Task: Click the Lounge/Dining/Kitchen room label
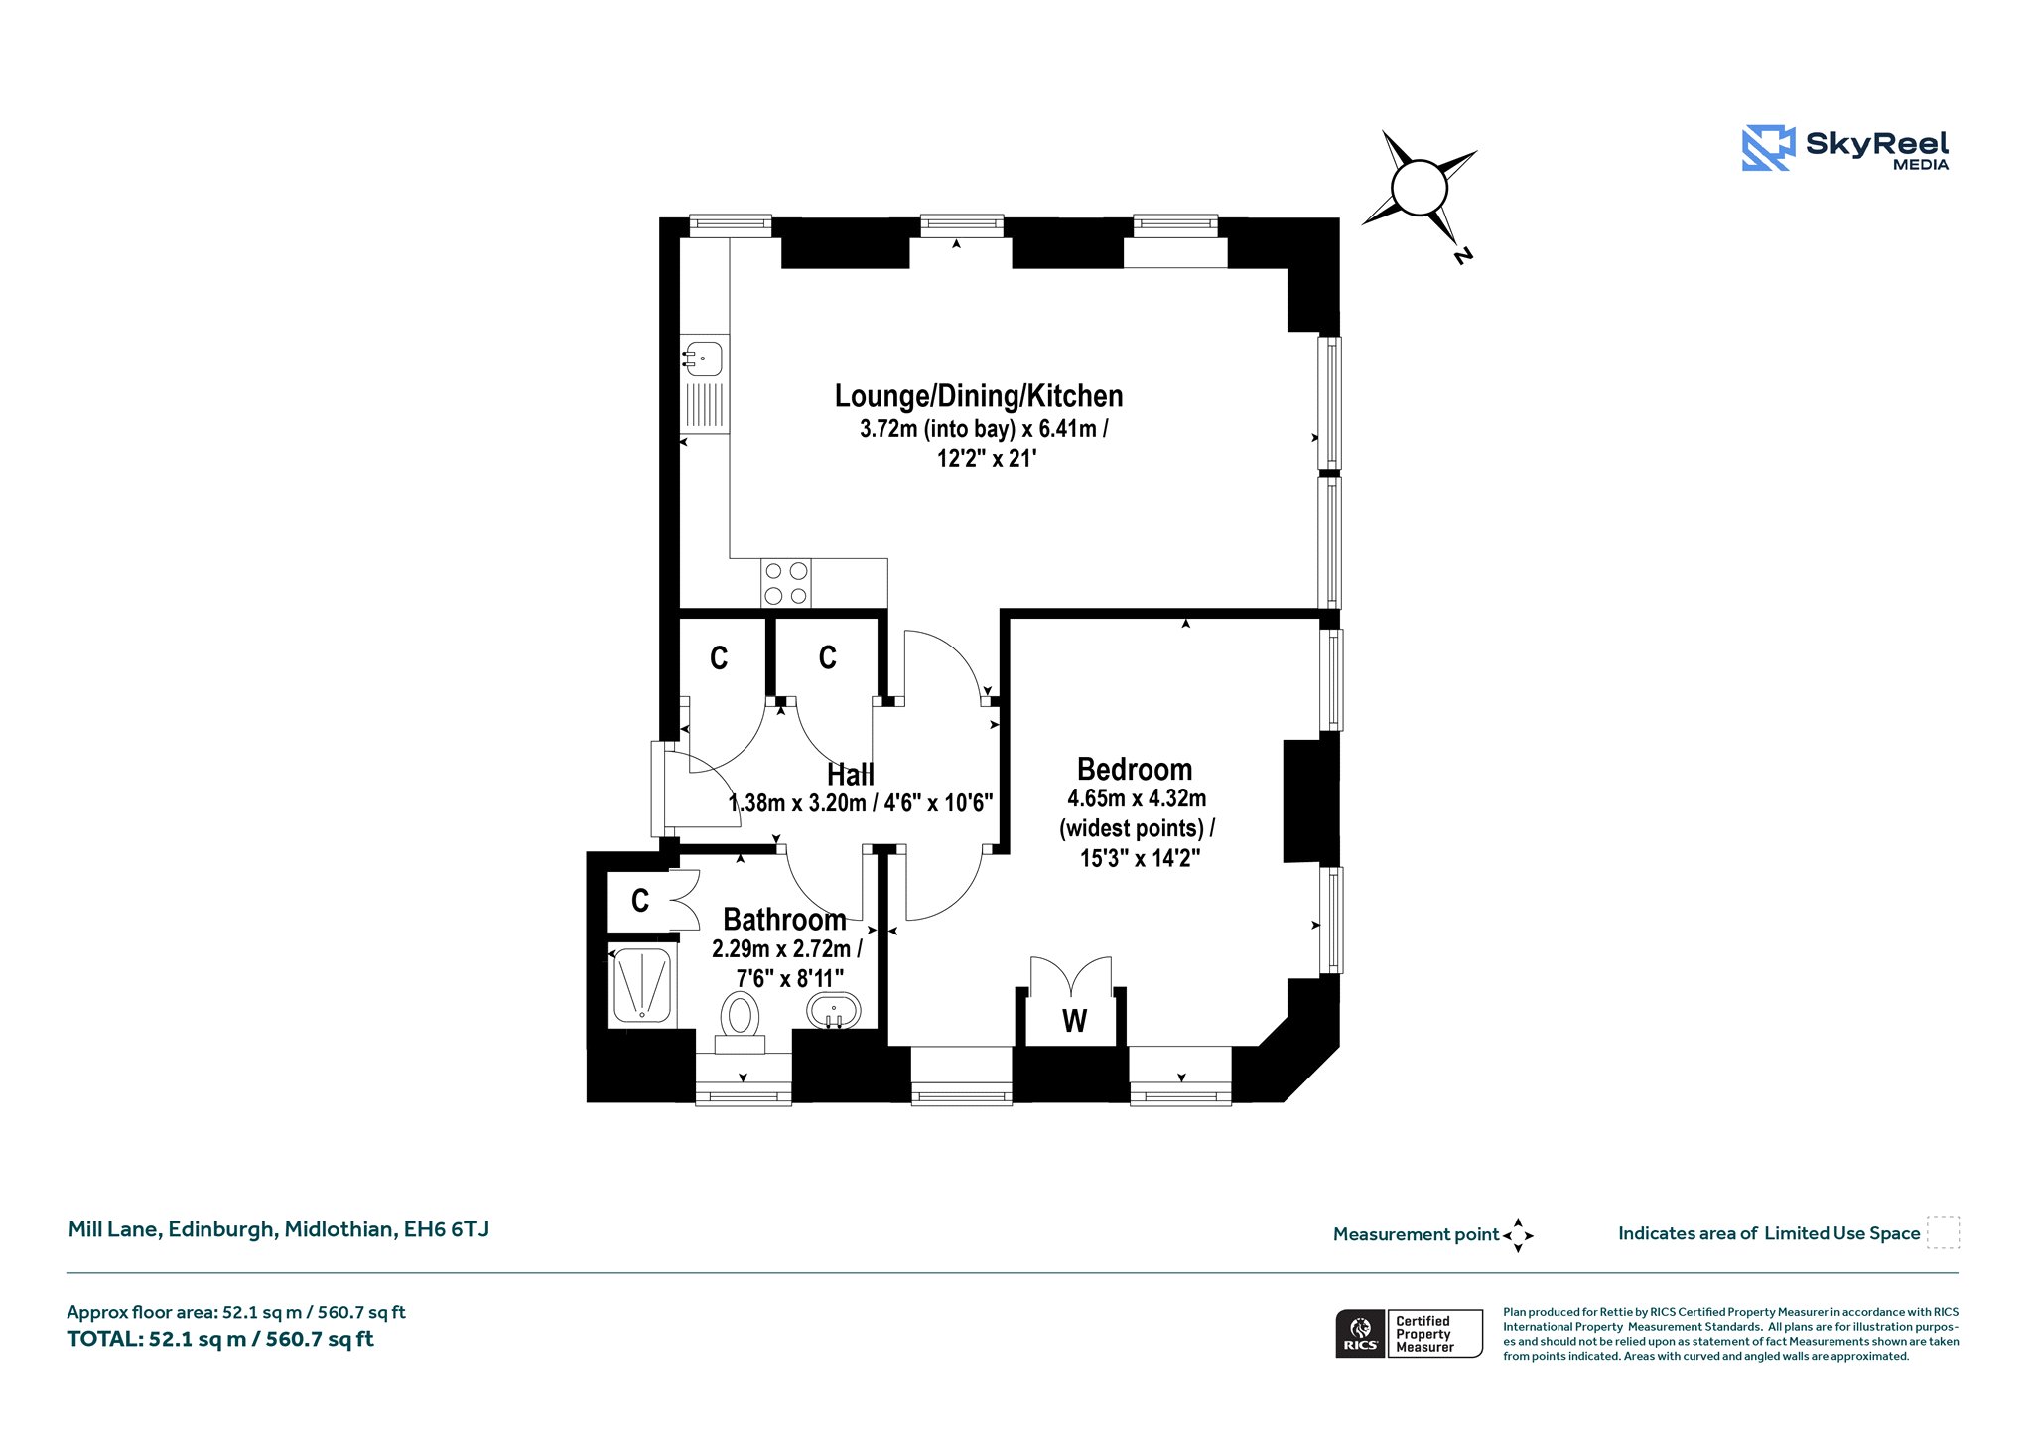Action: pos(979,397)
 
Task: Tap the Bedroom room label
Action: pos(1135,770)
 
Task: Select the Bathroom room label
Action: pos(784,920)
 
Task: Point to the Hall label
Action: pos(851,775)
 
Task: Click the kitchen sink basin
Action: pos(704,358)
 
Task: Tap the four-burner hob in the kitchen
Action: pos(786,583)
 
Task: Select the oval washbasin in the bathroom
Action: pos(834,1011)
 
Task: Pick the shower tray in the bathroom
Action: pos(642,984)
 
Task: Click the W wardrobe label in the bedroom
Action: pos(1074,1021)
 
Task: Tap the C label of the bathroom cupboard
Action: pos(640,901)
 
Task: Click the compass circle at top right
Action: pos(1421,187)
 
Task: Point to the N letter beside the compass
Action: pos(1462,256)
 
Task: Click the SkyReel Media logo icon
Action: pos(1768,148)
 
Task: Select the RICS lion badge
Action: pos(1360,1333)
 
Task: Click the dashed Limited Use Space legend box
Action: pos(1943,1232)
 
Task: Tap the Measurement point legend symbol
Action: pos(1518,1235)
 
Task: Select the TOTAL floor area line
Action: pos(220,1339)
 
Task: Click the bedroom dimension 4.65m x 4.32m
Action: pos(1137,798)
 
